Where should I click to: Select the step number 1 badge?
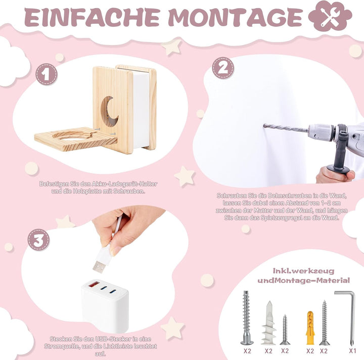[x=46, y=75]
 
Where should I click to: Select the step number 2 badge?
[x=222, y=68]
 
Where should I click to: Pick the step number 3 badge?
[x=38, y=239]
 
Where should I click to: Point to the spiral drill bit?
[x=285, y=128]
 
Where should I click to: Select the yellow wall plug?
[x=310, y=325]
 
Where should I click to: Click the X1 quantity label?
[x=352, y=350]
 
